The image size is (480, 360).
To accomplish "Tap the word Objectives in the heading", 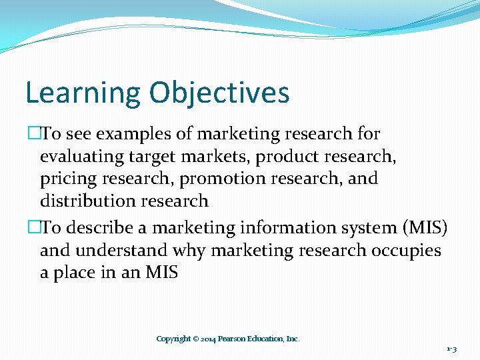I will (219, 93).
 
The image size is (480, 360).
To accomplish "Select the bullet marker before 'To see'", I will (32, 134).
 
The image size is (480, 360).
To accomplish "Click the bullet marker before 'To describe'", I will (32, 228).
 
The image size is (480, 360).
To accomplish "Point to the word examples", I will (135, 135).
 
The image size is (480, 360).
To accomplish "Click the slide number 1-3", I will (451, 349).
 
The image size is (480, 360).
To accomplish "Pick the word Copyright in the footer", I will (173, 339).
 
